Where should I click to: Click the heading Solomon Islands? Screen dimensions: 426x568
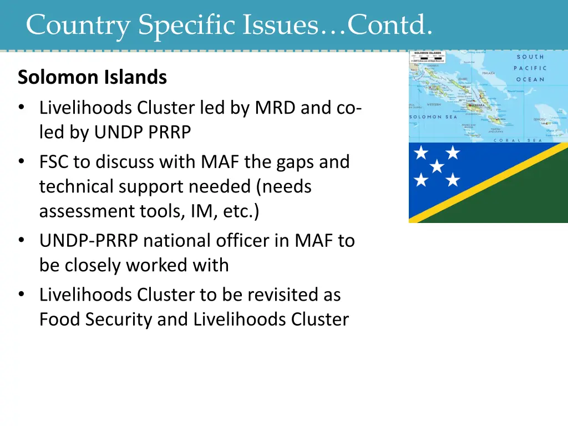click(x=92, y=78)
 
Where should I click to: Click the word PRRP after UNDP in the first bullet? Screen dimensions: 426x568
click(x=171, y=132)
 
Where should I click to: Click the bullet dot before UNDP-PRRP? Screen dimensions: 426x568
click(x=21, y=241)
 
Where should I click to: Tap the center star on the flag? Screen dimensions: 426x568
click(x=437, y=166)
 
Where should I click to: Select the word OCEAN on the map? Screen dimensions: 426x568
click(x=531, y=79)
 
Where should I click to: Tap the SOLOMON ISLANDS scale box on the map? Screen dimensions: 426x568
click(x=428, y=56)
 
